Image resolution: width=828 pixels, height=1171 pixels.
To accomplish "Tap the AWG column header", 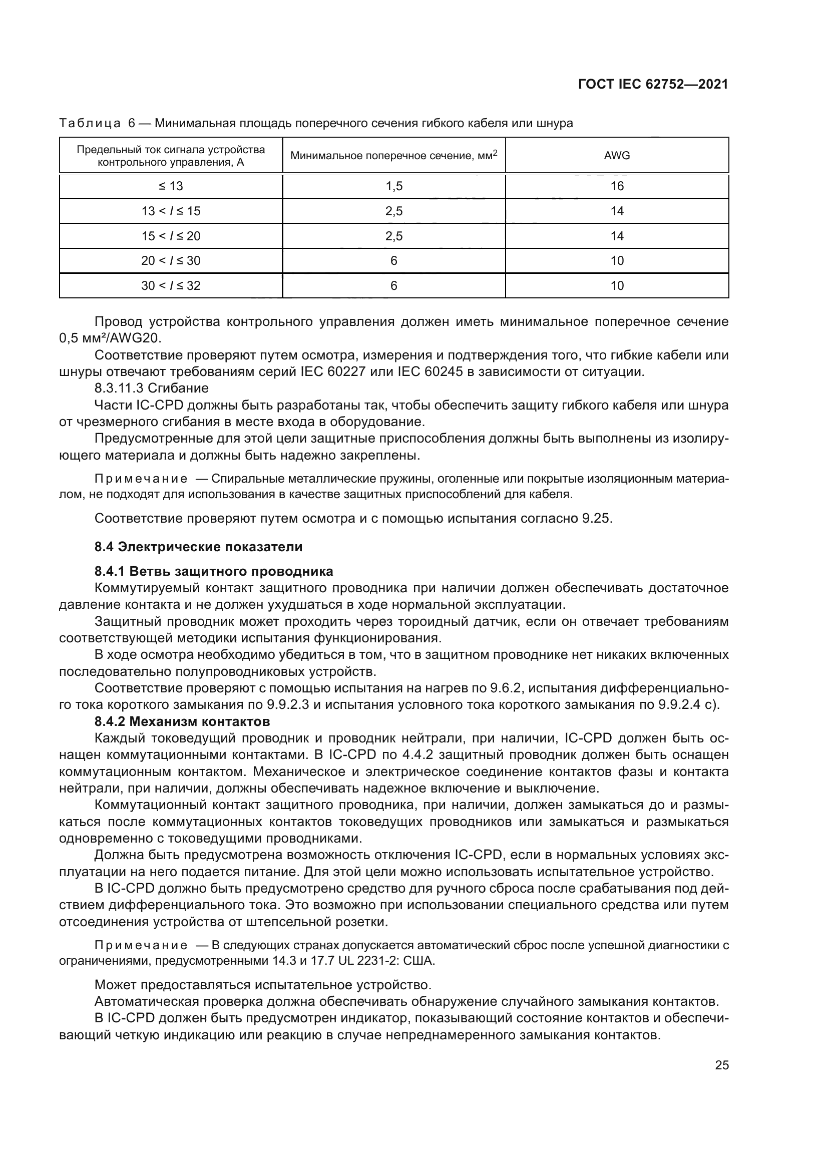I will click(x=617, y=156).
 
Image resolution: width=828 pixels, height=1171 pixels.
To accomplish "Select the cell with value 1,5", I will click(x=393, y=186).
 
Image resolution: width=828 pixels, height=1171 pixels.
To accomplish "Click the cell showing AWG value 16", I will click(x=617, y=186).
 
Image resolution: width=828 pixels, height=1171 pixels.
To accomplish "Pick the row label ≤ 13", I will click(x=171, y=186).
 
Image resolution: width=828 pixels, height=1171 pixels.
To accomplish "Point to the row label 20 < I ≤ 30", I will click(x=171, y=261).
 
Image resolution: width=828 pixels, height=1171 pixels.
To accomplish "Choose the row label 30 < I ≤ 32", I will click(x=171, y=285).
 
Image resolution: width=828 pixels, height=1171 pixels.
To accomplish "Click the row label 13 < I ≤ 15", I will click(x=171, y=211).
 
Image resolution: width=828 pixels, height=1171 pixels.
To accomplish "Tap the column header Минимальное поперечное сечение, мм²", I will click(x=393, y=156).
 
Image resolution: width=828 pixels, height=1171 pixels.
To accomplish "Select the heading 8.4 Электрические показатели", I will click(x=198, y=547).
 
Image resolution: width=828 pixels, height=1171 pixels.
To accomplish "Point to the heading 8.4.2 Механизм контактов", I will click(x=182, y=722).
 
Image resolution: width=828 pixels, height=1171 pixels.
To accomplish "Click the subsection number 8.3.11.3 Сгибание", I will click(x=151, y=388).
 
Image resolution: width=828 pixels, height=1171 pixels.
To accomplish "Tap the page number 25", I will click(x=721, y=1065).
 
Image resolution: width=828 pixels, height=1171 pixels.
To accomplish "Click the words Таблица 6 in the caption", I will click(x=97, y=124).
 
